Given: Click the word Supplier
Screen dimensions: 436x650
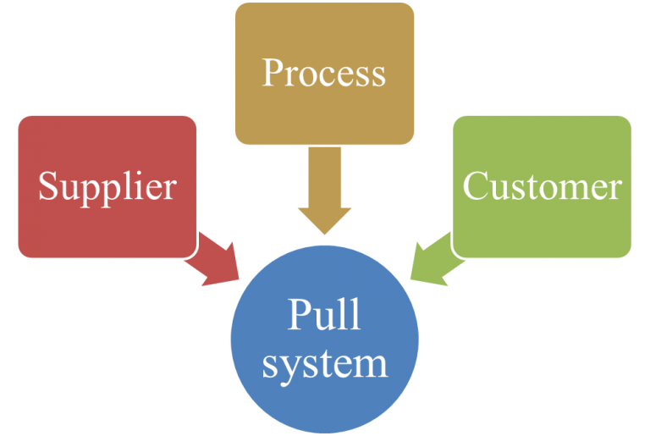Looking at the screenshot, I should tap(107, 186).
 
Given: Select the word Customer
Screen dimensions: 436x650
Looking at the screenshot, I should tap(542, 186).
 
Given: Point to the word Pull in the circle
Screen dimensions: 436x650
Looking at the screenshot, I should tap(324, 315).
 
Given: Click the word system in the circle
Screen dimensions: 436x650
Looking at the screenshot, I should tap(324, 364).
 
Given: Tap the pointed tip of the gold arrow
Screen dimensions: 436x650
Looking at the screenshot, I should tap(324, 235).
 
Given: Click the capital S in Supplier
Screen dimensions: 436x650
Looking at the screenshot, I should tap(47, 186).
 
